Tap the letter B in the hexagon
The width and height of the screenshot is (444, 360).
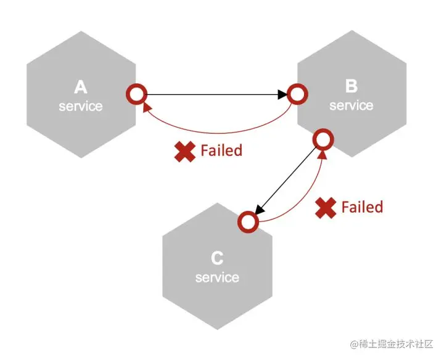click(x=351, y=87)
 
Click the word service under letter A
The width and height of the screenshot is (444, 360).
click(x=80, y=106)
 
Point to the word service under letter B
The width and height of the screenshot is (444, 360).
click(x=351, y=105)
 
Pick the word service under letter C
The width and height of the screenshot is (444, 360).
click(x=216, y=277)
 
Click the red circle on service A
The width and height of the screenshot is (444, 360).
click(x=136, y=94)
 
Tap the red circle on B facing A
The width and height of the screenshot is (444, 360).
click(x=298, y=94)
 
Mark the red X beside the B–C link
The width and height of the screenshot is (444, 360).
click(x=325, y=208)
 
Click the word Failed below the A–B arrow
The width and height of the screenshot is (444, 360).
click(x=221, y=150)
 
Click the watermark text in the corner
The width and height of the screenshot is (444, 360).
click(x=392, y=343)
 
